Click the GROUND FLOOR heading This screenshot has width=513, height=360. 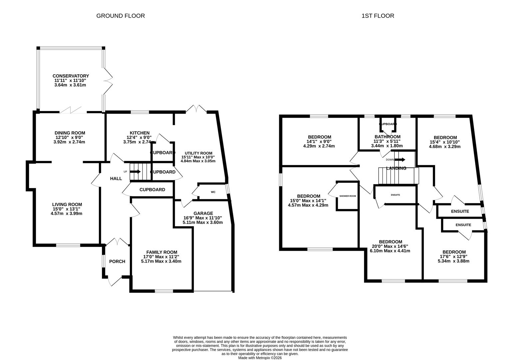120,16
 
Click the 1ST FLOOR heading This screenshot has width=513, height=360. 378,16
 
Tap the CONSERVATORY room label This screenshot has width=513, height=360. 71,76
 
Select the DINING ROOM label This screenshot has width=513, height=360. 70,133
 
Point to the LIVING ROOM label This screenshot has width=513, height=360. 67,204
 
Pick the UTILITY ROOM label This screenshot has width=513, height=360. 199,153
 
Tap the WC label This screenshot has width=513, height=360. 213,192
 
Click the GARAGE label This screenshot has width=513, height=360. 203,213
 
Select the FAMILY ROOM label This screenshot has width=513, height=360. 162,252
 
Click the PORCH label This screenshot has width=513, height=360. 117,261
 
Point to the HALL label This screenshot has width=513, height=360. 116,179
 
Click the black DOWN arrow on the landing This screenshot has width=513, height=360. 400,160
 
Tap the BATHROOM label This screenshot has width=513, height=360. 387,137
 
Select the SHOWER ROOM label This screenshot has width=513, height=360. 348,196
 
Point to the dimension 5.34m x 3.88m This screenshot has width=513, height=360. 453,261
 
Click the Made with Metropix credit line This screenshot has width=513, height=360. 260,358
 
